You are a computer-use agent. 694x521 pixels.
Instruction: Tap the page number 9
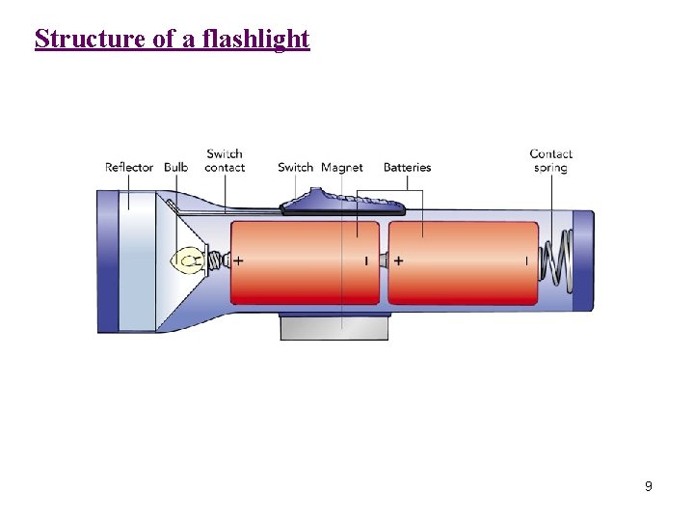(649, 486)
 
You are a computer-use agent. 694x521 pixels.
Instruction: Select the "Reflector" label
(129, 168)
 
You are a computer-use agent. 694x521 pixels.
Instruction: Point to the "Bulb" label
(176, 168)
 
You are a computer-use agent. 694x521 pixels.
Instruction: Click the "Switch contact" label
(225, 160)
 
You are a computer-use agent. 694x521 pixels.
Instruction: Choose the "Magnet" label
(342, 168)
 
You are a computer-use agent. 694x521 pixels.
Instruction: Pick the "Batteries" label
(407, 168)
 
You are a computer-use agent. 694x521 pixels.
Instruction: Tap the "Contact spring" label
(550, 160)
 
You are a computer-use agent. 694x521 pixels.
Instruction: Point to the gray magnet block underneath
(334, 327)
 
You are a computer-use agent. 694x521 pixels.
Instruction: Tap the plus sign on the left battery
(238, 260)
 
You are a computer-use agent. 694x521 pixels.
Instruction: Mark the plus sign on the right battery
(399, 260)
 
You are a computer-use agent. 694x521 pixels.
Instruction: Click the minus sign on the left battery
(366, 260)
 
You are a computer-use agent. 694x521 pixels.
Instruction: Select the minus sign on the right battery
(526, 260)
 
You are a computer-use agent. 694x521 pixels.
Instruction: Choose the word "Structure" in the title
(84, 40)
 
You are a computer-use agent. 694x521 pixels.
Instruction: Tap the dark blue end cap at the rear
(583, 260)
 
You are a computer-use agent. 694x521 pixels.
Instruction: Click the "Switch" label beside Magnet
(296, 168)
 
